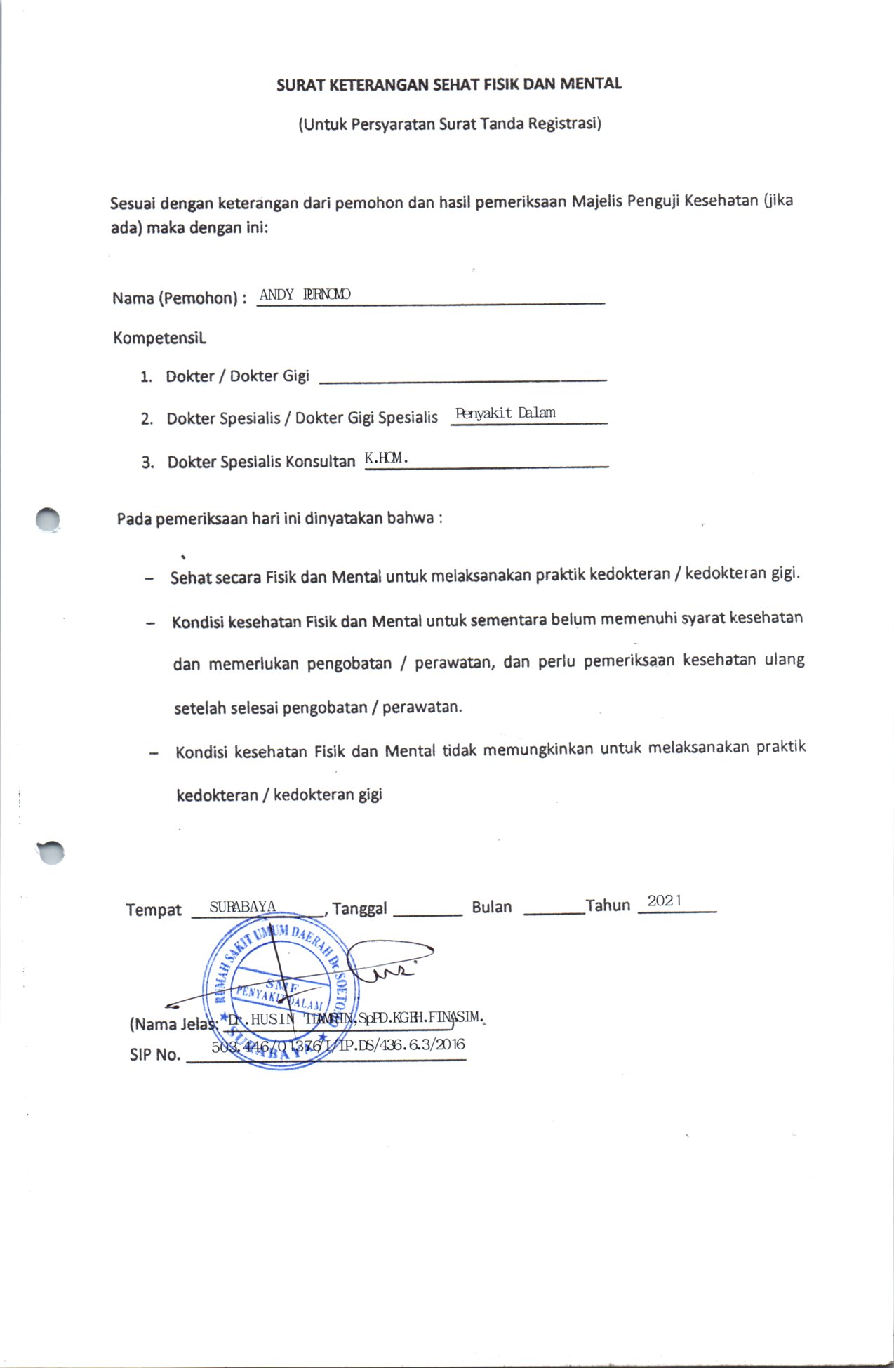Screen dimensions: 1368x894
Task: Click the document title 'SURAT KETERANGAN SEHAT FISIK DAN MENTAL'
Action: coord(449,84)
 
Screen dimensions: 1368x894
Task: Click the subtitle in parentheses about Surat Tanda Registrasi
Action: coord(450,124)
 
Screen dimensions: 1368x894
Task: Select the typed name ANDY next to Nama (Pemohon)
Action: coord(276,295)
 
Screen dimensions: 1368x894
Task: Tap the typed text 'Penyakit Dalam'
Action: coord(505,413)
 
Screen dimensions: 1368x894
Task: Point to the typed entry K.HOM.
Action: coord(386,458)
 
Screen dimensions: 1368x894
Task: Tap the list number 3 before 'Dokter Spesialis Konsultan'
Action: coord(147,463)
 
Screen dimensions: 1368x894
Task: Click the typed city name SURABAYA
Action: coord(243,906)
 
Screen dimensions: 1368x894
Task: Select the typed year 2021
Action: coord(664,901)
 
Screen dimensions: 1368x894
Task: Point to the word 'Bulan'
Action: coord(492,907)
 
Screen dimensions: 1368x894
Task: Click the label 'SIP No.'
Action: coord(155,1054)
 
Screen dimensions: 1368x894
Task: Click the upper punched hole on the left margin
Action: coord(48,520)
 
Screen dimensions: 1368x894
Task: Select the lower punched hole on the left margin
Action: coord(51,852)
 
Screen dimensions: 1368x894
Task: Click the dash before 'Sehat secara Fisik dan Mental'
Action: coord(149,579)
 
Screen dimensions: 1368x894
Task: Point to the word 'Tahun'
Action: coord(608,905)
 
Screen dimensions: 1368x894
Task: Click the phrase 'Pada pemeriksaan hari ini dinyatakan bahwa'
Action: coord(279,519)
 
